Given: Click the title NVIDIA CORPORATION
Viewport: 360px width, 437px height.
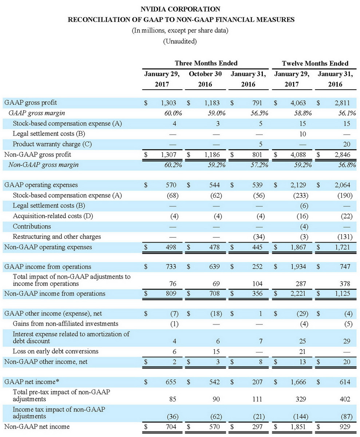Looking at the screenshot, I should [x=180, y=8].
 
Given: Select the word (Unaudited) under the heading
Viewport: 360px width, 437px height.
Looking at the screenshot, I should [x=180, y=41].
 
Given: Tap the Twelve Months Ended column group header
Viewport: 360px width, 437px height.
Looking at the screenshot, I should [x=315, y=63].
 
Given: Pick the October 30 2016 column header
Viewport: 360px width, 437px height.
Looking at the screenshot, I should [x=206, y=79].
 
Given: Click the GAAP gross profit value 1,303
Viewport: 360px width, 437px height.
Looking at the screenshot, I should [x=168, y=103].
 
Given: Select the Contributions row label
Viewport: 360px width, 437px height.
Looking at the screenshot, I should [x=32, y=227].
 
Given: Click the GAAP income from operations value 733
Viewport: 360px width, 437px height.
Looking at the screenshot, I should [x=171, y=267].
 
